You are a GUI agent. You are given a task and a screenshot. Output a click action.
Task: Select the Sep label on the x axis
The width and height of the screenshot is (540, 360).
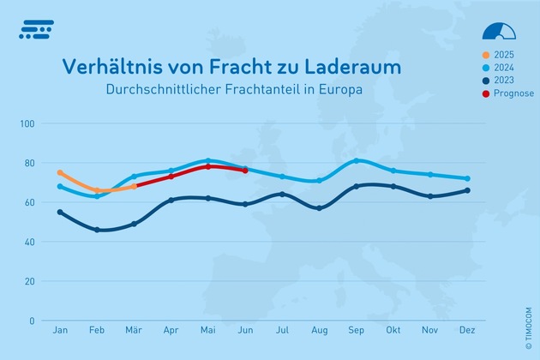pyautogui.click(x=357, y=330)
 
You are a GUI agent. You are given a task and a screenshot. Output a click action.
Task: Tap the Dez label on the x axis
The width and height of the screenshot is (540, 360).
pyautogui.click(x=467, y=330)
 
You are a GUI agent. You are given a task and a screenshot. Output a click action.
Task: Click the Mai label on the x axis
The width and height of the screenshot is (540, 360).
pyautogui.click(x=208, y=330)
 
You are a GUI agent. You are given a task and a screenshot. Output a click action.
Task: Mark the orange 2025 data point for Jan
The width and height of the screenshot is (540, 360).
pyautogui.click(x=60, y=172)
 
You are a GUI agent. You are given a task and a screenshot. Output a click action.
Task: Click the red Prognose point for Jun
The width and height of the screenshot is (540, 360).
pyautogui.click(x=245, y=171)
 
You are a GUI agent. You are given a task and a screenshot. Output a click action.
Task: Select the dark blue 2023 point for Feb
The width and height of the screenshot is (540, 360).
pyautogui.click(x=97, y=230)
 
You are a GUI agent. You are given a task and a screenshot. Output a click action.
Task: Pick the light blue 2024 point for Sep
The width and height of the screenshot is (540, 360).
pyautogui.click(x=357, y=160)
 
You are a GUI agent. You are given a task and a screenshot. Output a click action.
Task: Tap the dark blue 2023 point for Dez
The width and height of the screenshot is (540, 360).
pyautogui.click(x=467, y=190)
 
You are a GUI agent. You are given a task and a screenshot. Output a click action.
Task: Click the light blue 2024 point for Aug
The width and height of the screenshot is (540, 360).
pyautogui.click(x=320, y=180)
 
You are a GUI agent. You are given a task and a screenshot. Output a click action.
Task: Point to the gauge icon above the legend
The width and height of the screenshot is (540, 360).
pyautogui.click(x=500, y=32)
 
